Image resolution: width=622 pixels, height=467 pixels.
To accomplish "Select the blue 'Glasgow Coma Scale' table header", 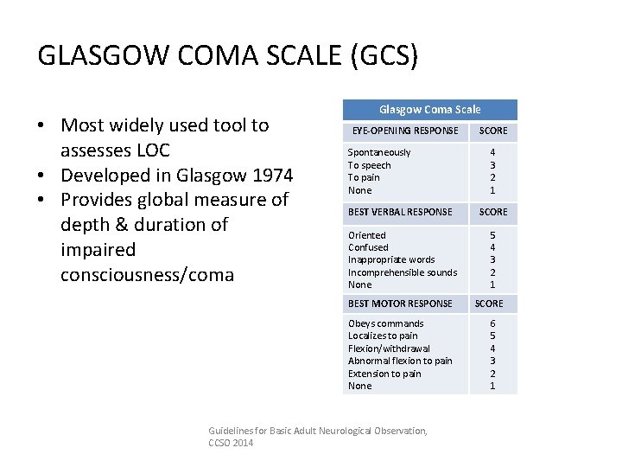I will pyautogui.click(x=430, y=110).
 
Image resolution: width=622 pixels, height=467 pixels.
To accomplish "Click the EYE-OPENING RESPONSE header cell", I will pyautogui.click(x=404, y=131).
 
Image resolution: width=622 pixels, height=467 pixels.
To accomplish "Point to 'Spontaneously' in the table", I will pyautogui.click(x=379, y=152).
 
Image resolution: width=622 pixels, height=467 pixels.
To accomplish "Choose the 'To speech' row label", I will pyautogui.click(x=369, y=165).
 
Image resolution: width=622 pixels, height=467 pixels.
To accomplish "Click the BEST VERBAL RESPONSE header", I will pyautogui.click(x=400, y=212).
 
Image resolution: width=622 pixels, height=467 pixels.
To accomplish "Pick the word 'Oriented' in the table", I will pyautogui.click(x=367, y=235).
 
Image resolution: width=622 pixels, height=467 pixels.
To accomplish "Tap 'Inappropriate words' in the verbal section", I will pyautogui.click(x=391, y=259).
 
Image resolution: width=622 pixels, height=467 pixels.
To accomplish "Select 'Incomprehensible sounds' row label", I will pyautogui.click(x=403, y=272).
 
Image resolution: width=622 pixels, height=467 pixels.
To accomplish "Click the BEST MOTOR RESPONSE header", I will pyautogui.click(x=400, y=304).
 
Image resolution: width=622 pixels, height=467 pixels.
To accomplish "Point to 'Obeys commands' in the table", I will pyautogui.click(x=385, y=323).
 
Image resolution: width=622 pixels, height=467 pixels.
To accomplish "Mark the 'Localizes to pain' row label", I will pyautogui.click(x=383, y=336).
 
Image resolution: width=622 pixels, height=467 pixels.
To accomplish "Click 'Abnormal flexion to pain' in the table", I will pyautogui.click(x=400, y=361).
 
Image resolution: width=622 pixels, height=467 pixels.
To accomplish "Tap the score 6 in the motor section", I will pyautogui.click(x=492, y=323).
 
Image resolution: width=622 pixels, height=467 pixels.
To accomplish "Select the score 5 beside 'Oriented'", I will pyautogui.click(x=492, y=235).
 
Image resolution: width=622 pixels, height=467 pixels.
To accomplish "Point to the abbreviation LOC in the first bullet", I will pyautogui.click(x=154, y=150).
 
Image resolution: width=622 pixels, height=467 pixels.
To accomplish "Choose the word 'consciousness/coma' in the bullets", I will pyautogui.click(x=147, y=275).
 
